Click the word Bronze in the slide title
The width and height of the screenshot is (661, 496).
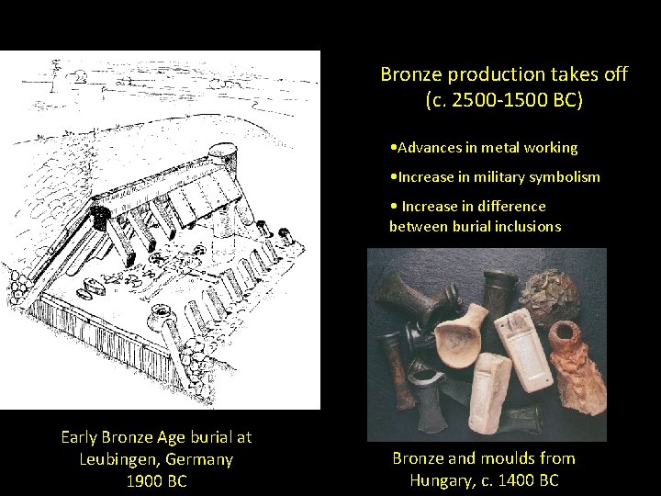[x=409, y=74]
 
